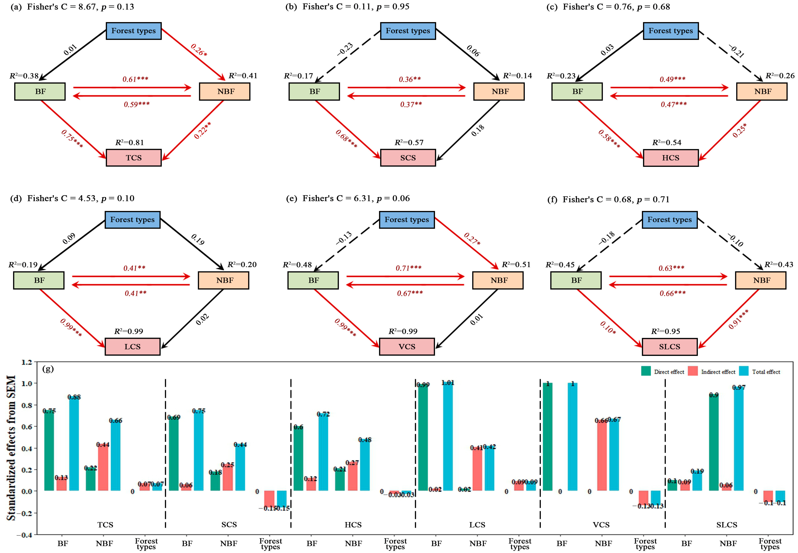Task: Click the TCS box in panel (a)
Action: pos(134,158)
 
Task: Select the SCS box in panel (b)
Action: pos(408,158)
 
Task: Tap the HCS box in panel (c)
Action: pos(670,158)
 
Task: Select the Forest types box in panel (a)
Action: pos(134,31)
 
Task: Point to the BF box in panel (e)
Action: pos(313,280)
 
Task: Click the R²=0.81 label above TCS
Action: pos(129,142)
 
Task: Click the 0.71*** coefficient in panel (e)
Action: pos(409,268)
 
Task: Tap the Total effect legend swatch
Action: pos(744,371)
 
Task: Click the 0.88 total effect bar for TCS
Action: pos(74,445)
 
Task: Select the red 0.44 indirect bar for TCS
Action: pos(103,468)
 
